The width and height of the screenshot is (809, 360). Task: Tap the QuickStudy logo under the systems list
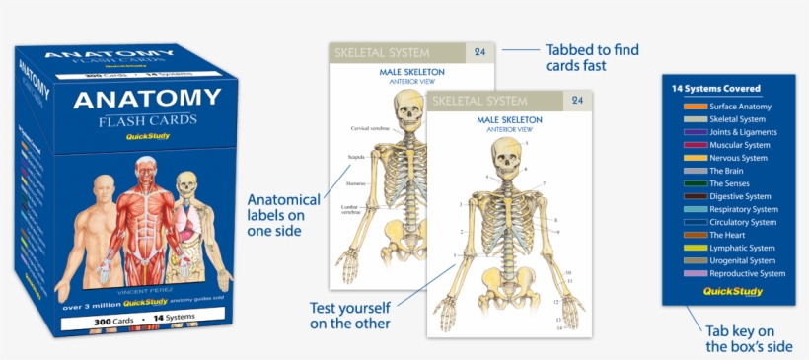click(730, 291)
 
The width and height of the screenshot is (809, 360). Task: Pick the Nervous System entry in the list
click(738, 158)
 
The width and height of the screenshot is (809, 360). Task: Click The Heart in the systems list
click(729, 235)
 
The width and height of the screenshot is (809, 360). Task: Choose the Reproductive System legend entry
click(747, 273)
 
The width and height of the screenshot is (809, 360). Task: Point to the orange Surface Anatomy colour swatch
click(695, 106)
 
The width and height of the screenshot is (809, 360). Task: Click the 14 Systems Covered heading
click(721, 88)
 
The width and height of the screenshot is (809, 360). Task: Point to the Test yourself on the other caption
click(349, 315)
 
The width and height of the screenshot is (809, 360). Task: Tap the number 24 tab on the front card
click(578, 101)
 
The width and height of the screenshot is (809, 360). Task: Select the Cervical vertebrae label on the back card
click(372, 129)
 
